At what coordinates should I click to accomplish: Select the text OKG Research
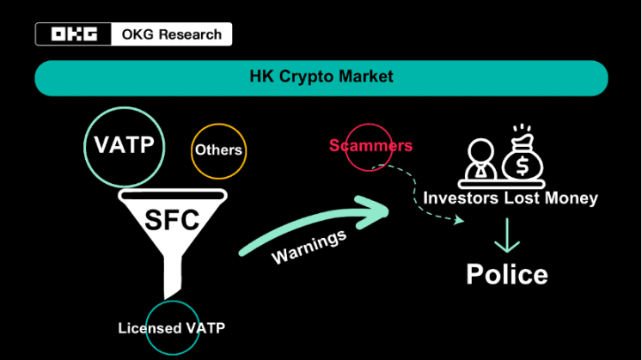coord(172,34)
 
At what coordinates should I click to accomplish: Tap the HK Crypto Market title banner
coord(321,77)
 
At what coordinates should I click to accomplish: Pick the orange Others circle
coord(218,150)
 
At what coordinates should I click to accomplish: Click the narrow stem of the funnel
coord(173,275)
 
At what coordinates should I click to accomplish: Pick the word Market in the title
coord(365,77)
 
